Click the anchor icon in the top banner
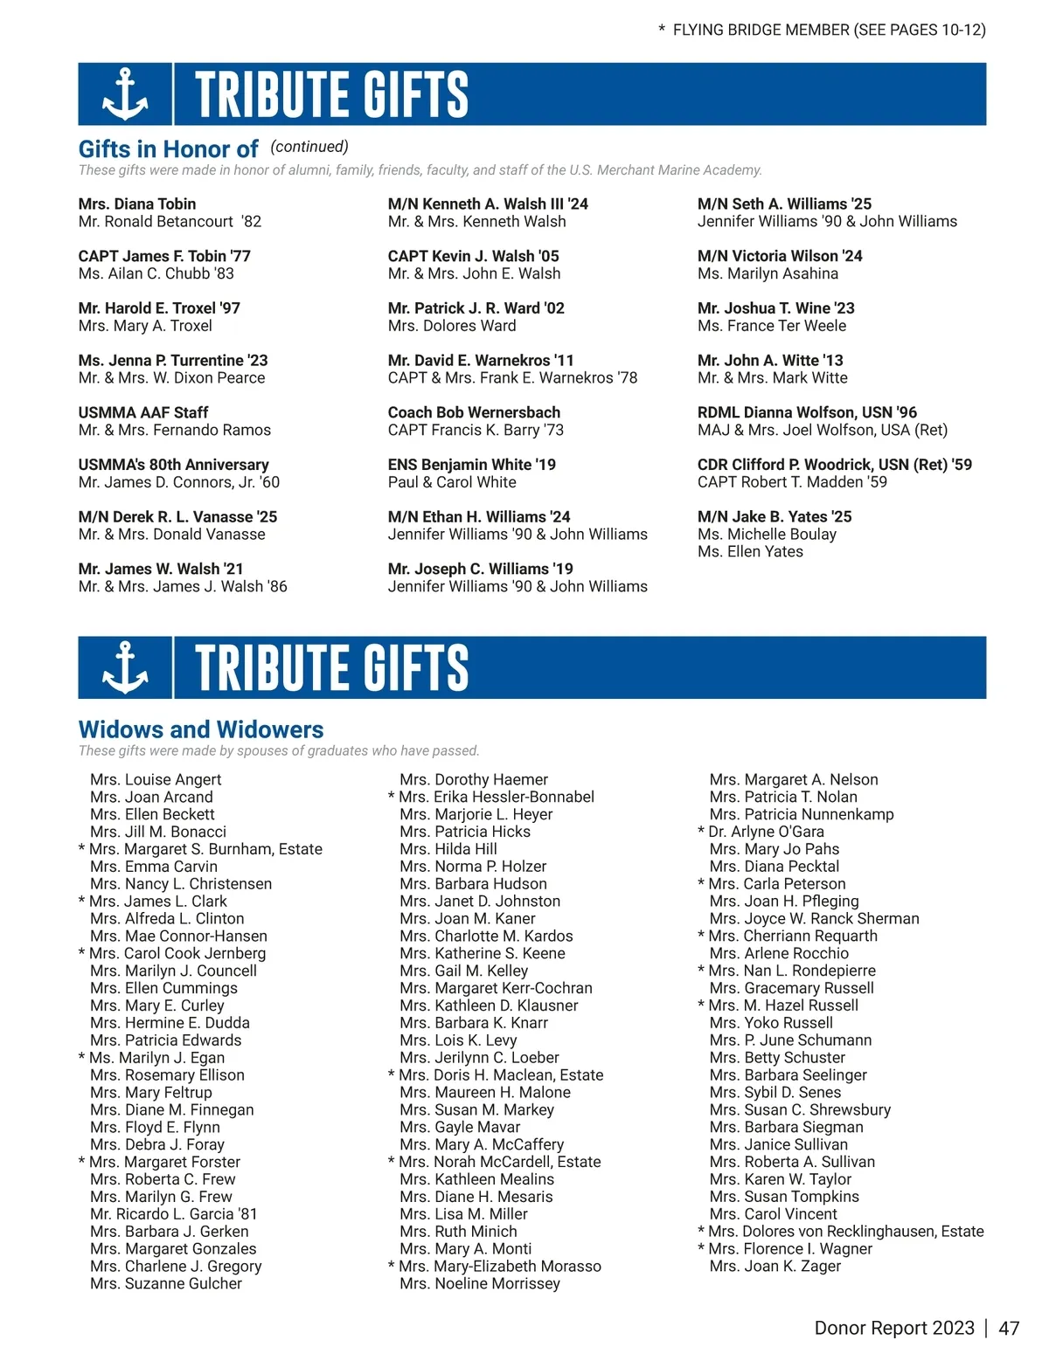pos(125,93)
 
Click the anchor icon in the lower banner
pos(125,667)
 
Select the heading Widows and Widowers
pos(201,729)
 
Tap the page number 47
pos(1009,1328)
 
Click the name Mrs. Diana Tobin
pos(137,204)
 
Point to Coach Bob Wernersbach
pos(474,412)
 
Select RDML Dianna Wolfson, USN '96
pos(807,412)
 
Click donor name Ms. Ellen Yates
pos(750,551)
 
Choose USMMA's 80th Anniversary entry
pos(173,465)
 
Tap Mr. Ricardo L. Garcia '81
pos(173,1213)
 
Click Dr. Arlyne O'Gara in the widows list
pos(766,832)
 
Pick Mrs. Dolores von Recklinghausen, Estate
pos(845,1231)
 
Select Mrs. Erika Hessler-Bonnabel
pos(496,797)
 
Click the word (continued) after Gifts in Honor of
pos(309,147)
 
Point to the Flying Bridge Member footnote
pos(822,30)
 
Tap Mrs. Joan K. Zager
pos(775,1266)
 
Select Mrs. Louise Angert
pos(156,779)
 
